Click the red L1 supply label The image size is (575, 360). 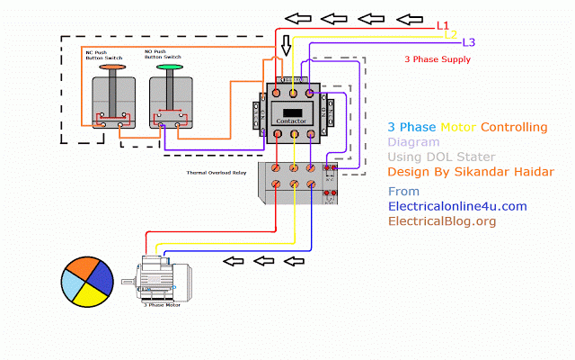point(443,26)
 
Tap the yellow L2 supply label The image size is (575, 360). point(452,34)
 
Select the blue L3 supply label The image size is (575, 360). point(468,42)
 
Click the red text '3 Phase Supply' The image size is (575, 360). point(438,60)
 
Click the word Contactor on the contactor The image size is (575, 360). point(293,119)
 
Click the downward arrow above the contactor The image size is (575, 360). point(286,45)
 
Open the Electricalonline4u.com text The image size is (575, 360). point(456,206)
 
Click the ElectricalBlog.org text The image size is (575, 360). point(441,220)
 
